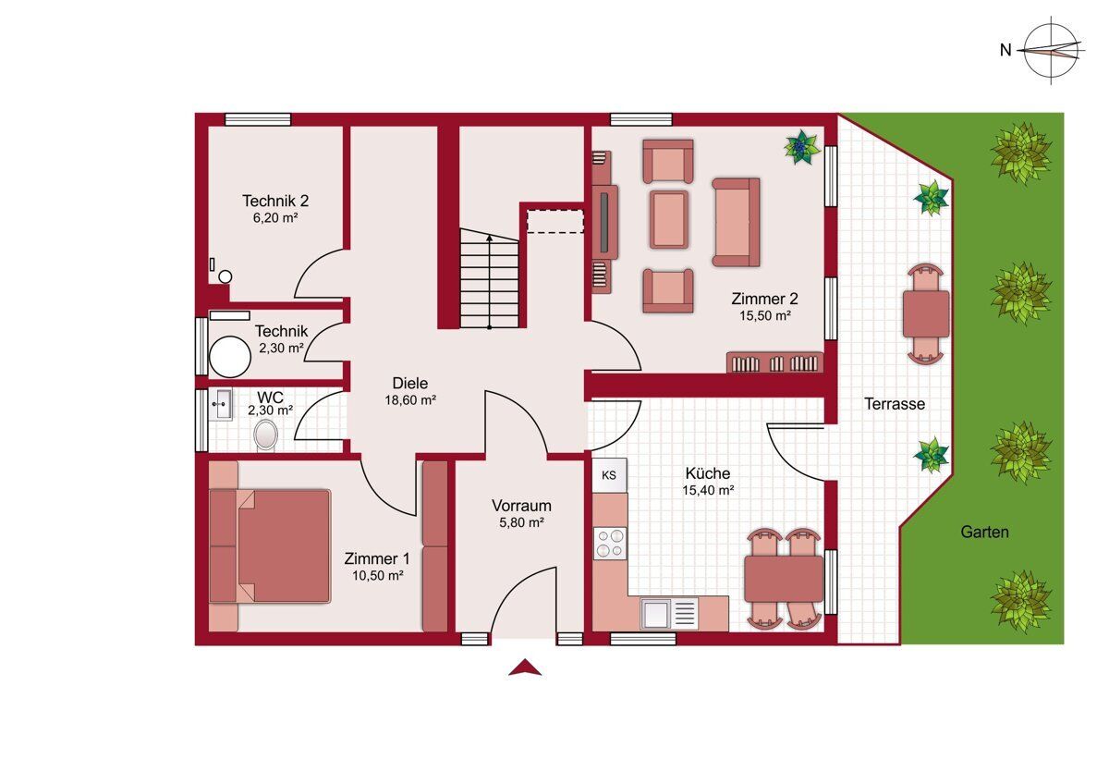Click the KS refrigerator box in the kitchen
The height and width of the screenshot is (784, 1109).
click(x=609, y=475)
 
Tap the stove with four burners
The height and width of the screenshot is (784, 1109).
click(x=610, y=544)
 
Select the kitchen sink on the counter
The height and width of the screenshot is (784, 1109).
click(x=669, y=613)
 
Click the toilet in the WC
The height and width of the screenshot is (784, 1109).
click(x=266, y=435)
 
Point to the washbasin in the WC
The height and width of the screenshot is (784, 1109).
click(x=220, y=405)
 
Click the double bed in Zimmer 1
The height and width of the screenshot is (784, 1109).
click(x=270, y=546)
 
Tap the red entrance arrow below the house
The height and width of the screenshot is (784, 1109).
click(x=525, y=668)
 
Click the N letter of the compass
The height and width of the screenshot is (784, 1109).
click(x=1005, y=50)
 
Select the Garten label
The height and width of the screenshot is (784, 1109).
click(x=984, y=532)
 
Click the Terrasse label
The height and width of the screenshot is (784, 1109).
click(x=895, y=404)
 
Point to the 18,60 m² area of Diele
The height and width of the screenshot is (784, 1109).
click(x=410, y=400)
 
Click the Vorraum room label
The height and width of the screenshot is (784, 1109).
click(x=521, y=506)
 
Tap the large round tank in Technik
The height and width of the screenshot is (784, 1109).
click(x=230, y=357)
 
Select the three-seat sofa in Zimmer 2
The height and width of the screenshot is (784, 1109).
click(x=736, y=223)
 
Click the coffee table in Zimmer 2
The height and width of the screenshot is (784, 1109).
click(x=669, y=219)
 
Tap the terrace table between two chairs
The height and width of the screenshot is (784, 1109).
click(x=926, y=314)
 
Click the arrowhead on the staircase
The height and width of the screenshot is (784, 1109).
click(x=489, y=239)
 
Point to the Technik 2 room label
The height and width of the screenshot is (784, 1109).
click(x=275, y=201)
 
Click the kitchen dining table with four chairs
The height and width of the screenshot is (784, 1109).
click(x=784, y=579)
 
